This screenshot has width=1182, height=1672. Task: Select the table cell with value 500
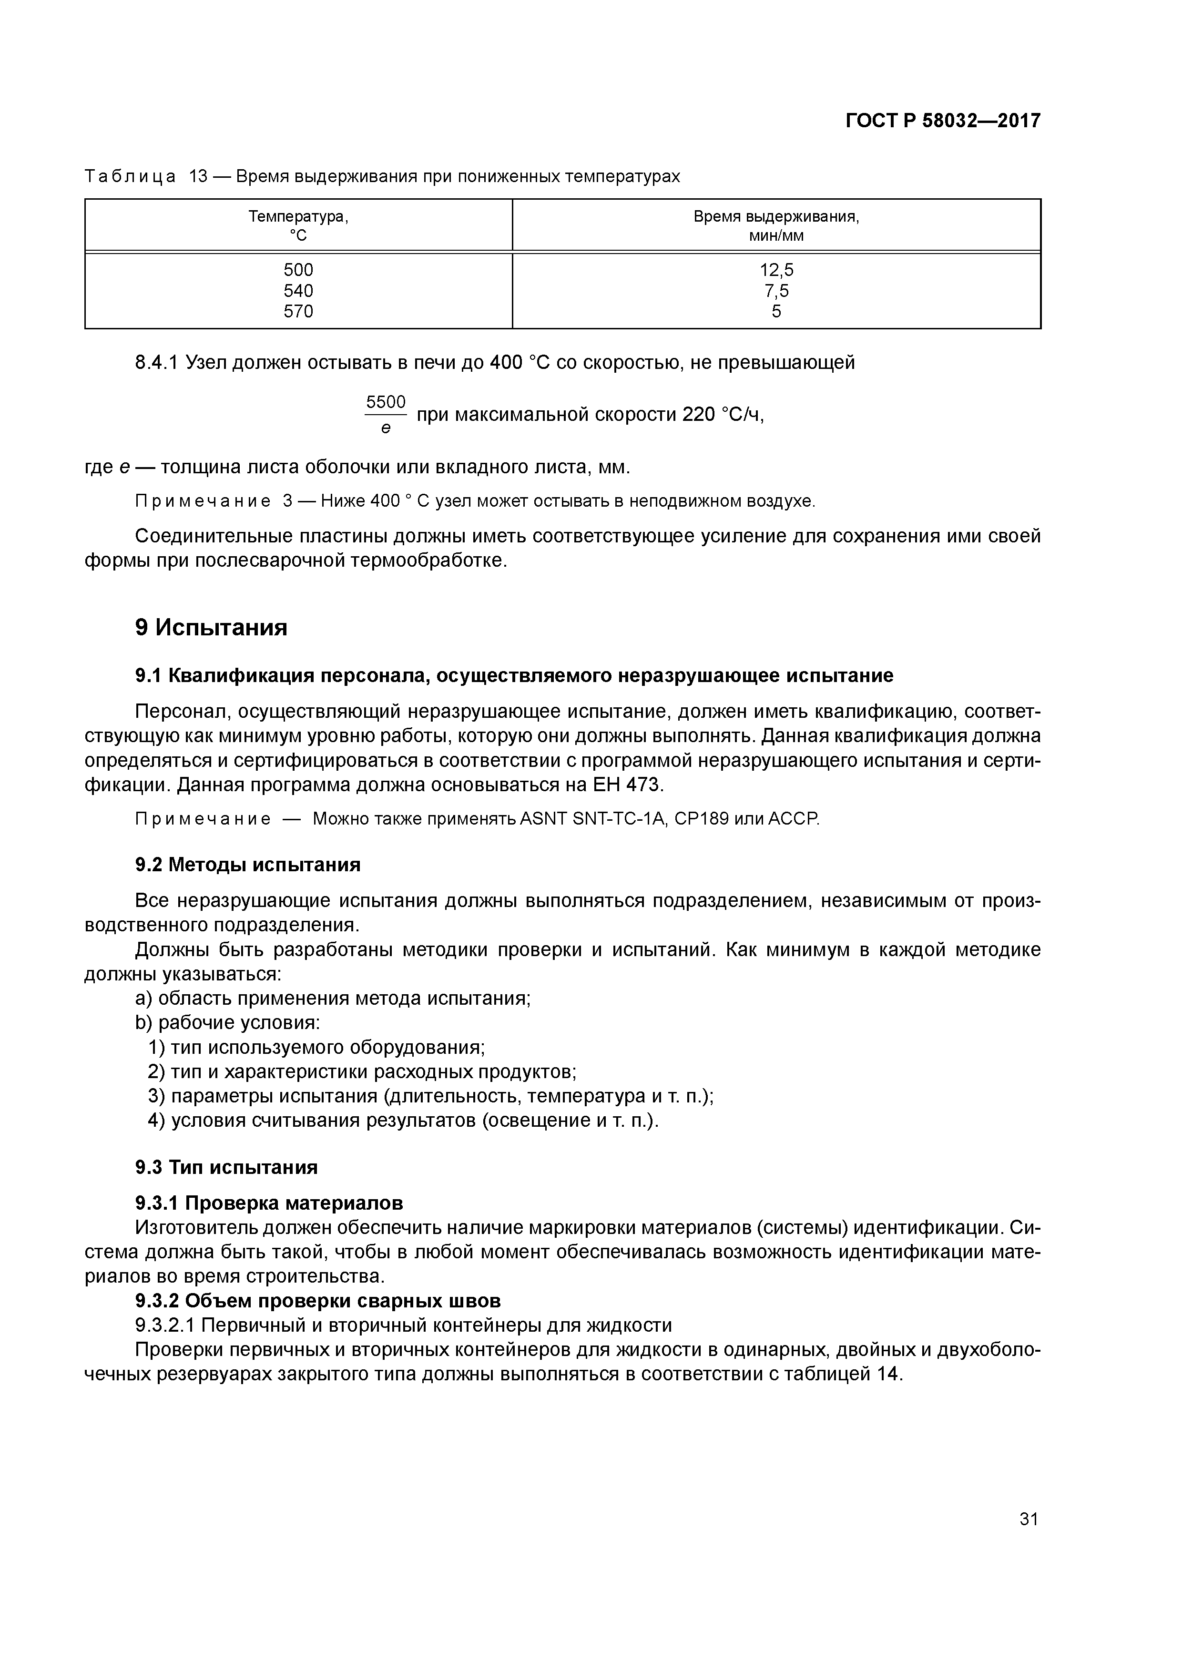click(x=298, y=270)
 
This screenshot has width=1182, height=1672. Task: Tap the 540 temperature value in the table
click(x=298, y=291)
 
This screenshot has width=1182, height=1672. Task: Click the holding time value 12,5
click(x=776, y=270)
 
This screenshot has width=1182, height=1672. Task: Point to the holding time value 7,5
click(x=776, y=291)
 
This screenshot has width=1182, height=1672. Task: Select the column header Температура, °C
click(x=298, y=226)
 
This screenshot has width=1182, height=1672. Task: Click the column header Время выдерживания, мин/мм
click(x=776, y=226)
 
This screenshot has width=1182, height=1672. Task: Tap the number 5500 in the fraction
click(x=385, y=402)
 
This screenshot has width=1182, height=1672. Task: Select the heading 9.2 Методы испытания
click(x=248, y=865)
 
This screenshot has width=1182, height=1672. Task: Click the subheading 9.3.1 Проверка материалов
click(x=269, y=1203)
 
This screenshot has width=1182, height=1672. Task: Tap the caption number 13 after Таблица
click(x=198, y=176)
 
